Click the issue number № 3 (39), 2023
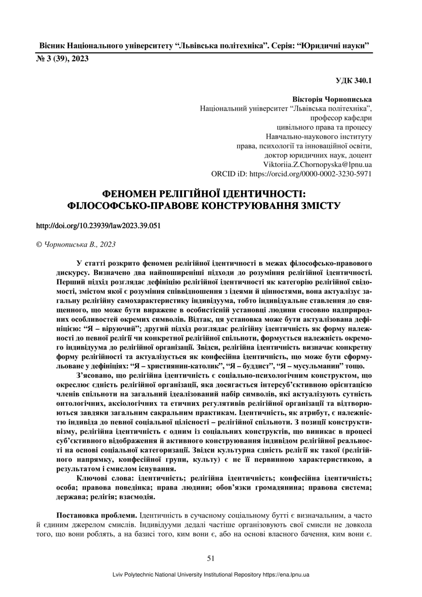pos(63,59)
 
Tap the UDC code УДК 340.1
pos(354,80)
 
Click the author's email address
pos(317,164)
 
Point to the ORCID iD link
pos(291,173)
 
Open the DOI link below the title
pos(98,225)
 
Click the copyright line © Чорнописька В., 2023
pos(76,245)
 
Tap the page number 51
pos(211,558)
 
